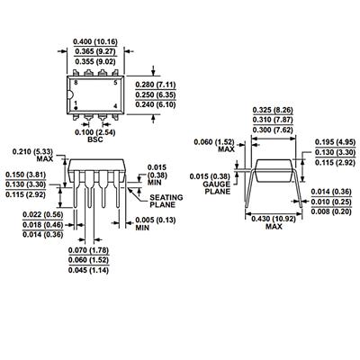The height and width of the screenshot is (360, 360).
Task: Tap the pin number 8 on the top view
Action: [x=76, y=81]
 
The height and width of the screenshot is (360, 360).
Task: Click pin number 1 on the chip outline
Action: [x=76, y=103]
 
